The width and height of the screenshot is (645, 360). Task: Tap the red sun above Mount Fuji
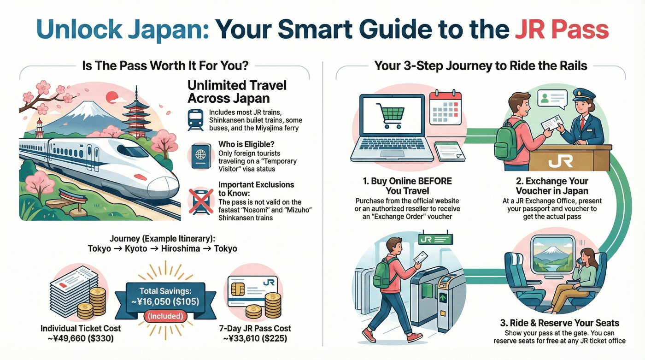[x=112, y=97]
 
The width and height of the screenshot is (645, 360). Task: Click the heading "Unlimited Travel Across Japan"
[x=237, y=92]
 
